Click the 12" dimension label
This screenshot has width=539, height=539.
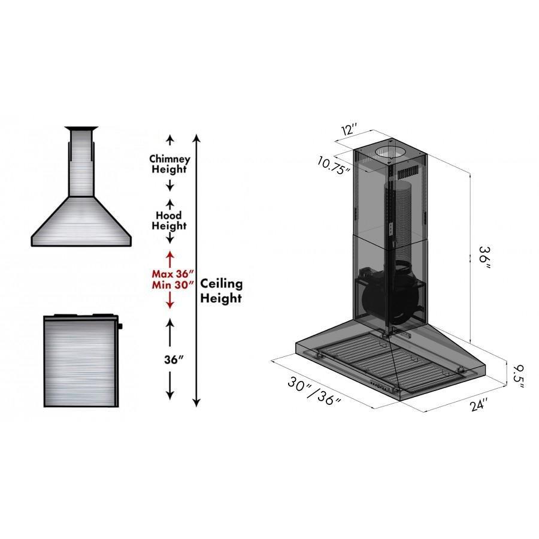coord(350,129)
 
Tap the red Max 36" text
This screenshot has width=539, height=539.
coord(170,274)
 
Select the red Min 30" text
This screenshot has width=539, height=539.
coord(170,285)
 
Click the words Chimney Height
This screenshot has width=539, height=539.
coord(169,164)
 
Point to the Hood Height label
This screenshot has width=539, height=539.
coord(169,220)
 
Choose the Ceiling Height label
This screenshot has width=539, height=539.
coord(221,290)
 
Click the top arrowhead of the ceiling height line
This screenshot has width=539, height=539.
coord(196,138)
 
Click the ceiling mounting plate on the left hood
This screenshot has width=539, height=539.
coord(81,128)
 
